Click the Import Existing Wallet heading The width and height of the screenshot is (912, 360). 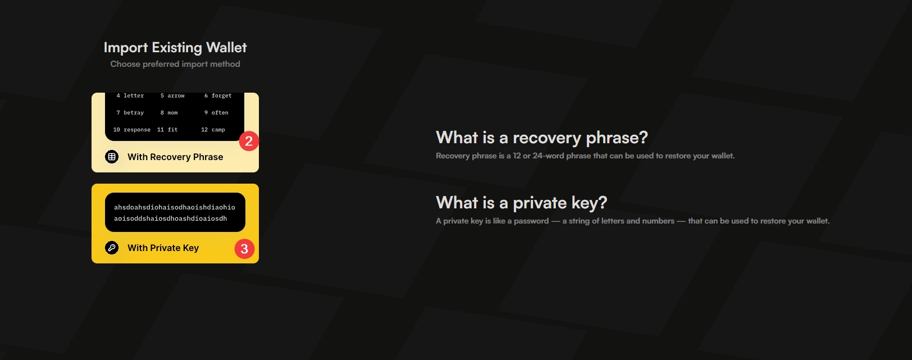175,48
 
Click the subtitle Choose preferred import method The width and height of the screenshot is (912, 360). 175,64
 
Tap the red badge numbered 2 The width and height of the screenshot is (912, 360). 249,142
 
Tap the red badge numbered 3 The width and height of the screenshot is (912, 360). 244,249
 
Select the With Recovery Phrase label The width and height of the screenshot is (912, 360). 175,157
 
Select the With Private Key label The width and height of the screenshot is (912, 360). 163,248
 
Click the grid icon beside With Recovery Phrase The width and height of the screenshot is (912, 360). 112,157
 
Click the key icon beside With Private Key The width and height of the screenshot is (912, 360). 112,248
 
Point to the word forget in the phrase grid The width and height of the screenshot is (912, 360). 221,95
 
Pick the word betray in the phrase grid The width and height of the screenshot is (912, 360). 134,113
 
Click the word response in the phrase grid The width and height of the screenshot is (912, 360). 137,130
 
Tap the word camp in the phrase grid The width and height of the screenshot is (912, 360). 218,130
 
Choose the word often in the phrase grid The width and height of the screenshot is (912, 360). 220,113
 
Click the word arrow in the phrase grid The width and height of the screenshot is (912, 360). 176,95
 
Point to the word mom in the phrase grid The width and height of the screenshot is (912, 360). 172,113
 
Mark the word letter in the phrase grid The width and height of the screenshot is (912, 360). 134,95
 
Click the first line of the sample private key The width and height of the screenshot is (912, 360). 174,207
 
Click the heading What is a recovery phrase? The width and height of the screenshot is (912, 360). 541,138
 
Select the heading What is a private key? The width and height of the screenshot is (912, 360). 521,203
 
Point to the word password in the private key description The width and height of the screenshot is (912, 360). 531,221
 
